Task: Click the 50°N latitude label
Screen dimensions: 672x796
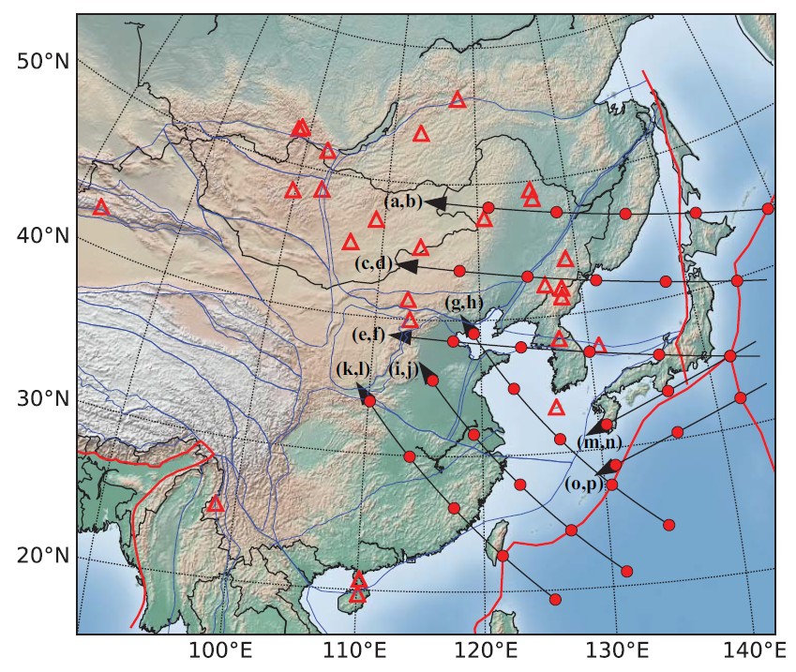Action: (x=38, y=62)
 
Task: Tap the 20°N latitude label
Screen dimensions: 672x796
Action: (x=38, y=555)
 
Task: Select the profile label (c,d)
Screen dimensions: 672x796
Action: (x=373, y=263)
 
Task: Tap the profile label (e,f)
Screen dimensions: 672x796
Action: (x=368, y=335)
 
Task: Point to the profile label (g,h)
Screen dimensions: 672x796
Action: (x=464, y=302)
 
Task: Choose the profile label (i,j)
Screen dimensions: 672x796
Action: (x=404, y=369)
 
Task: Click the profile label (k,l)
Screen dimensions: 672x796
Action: (x=353, y=369)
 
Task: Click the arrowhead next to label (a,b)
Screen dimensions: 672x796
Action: (x=437, y=202)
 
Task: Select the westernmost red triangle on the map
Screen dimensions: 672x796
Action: (x=100, y=207)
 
